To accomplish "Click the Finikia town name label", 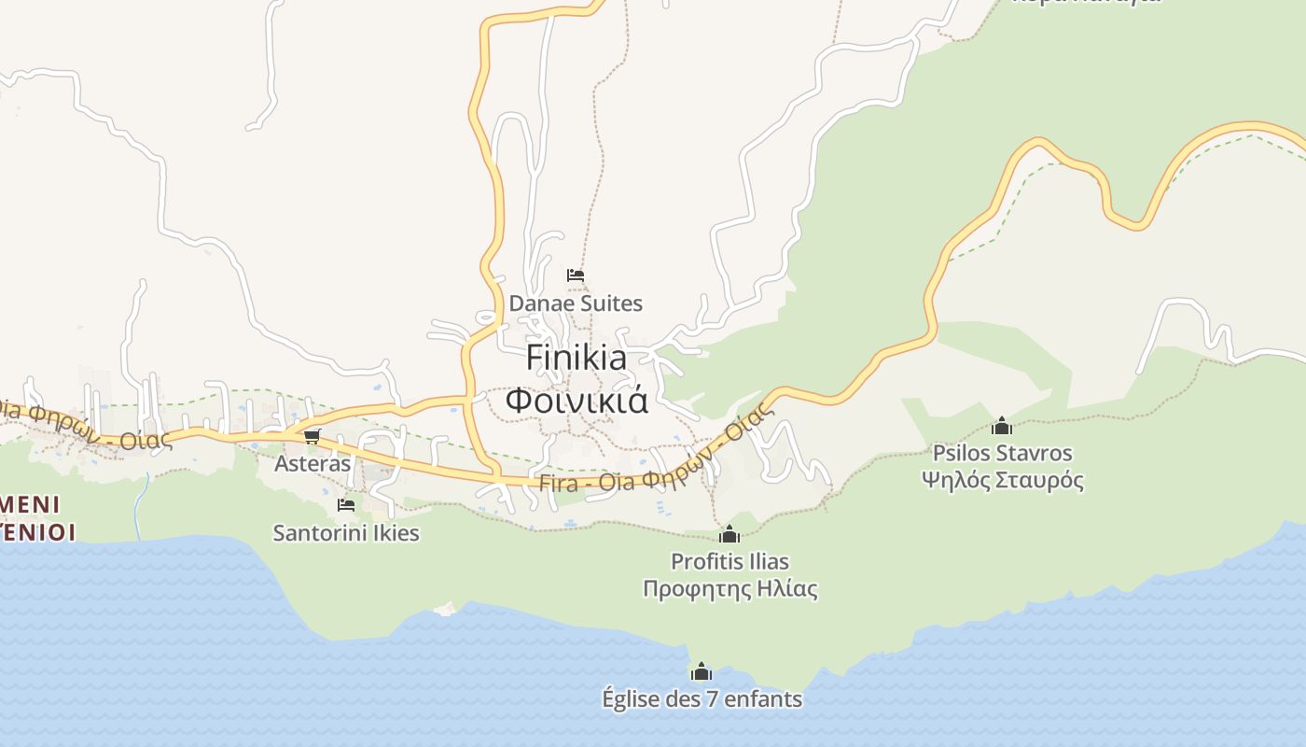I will click(x=577, y=358).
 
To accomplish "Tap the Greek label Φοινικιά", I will click(x=577, y=400).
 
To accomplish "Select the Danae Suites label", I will click(x=576, y=303).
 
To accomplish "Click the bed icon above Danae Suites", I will click(x=576, y=275).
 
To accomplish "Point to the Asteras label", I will click(x=313, y=464).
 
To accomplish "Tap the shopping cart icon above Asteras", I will click(x=312, y=436).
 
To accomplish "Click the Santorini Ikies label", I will click(x=346, y=533).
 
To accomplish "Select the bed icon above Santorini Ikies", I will click(x=346, y=505).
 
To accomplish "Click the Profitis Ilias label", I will click(x=729, y=562).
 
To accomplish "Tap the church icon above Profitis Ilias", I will click(x=729, y=535).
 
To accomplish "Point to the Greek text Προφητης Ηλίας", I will click(x=729, y=589).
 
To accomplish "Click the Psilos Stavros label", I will click(x=1003, y=454).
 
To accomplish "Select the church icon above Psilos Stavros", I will click(x=1002, y=427).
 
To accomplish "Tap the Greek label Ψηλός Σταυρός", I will click(x=1003, y=481).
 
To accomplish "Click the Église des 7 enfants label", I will click(x=702, y=698).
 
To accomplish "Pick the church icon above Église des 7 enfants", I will click(x=702, y=671).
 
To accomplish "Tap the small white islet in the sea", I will click(x=445, y=609).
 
